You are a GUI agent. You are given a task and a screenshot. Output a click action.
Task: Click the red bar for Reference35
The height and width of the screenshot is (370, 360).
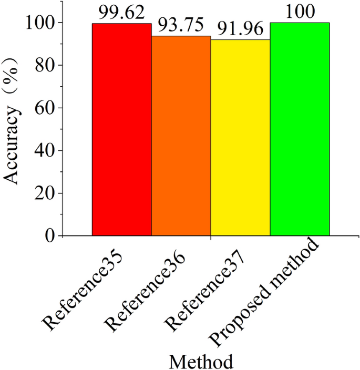pos(121,129)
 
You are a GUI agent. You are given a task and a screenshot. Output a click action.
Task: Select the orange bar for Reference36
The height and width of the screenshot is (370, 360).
pos(181,136)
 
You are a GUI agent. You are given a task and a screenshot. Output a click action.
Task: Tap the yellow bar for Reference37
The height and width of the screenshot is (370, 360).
pos(240,138)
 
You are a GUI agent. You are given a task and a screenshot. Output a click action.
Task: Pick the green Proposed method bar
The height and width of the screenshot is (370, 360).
pos(300,129)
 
